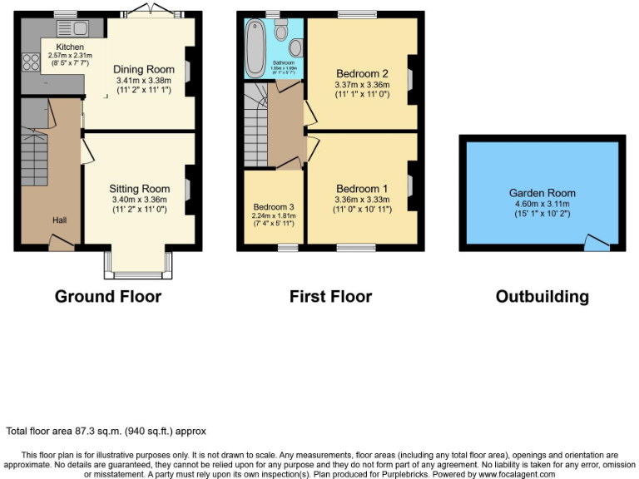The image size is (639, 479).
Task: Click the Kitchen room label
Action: coord(70,47)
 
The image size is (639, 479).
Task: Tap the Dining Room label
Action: coord(144,69)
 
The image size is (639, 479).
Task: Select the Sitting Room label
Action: coord(140,189)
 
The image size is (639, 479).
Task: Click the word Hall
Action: coord(60,220)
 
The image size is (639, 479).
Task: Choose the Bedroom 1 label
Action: coord(362,188)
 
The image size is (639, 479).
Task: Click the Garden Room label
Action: coord(542,193)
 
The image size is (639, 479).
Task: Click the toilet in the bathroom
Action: coord(295,46)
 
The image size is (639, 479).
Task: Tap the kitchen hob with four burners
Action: coord(32,61)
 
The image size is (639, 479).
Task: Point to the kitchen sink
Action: coord(87,29)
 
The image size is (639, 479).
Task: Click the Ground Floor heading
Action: coord(108,297)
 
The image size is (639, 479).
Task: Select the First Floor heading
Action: coord(330,297)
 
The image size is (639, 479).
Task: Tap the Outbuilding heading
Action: coord(542,297)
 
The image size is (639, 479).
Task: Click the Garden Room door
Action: coord(596,243)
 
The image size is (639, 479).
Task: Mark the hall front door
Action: coord(61,241)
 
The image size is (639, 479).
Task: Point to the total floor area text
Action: coord(106,431)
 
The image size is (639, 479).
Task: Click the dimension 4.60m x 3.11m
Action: coord(542,204)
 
